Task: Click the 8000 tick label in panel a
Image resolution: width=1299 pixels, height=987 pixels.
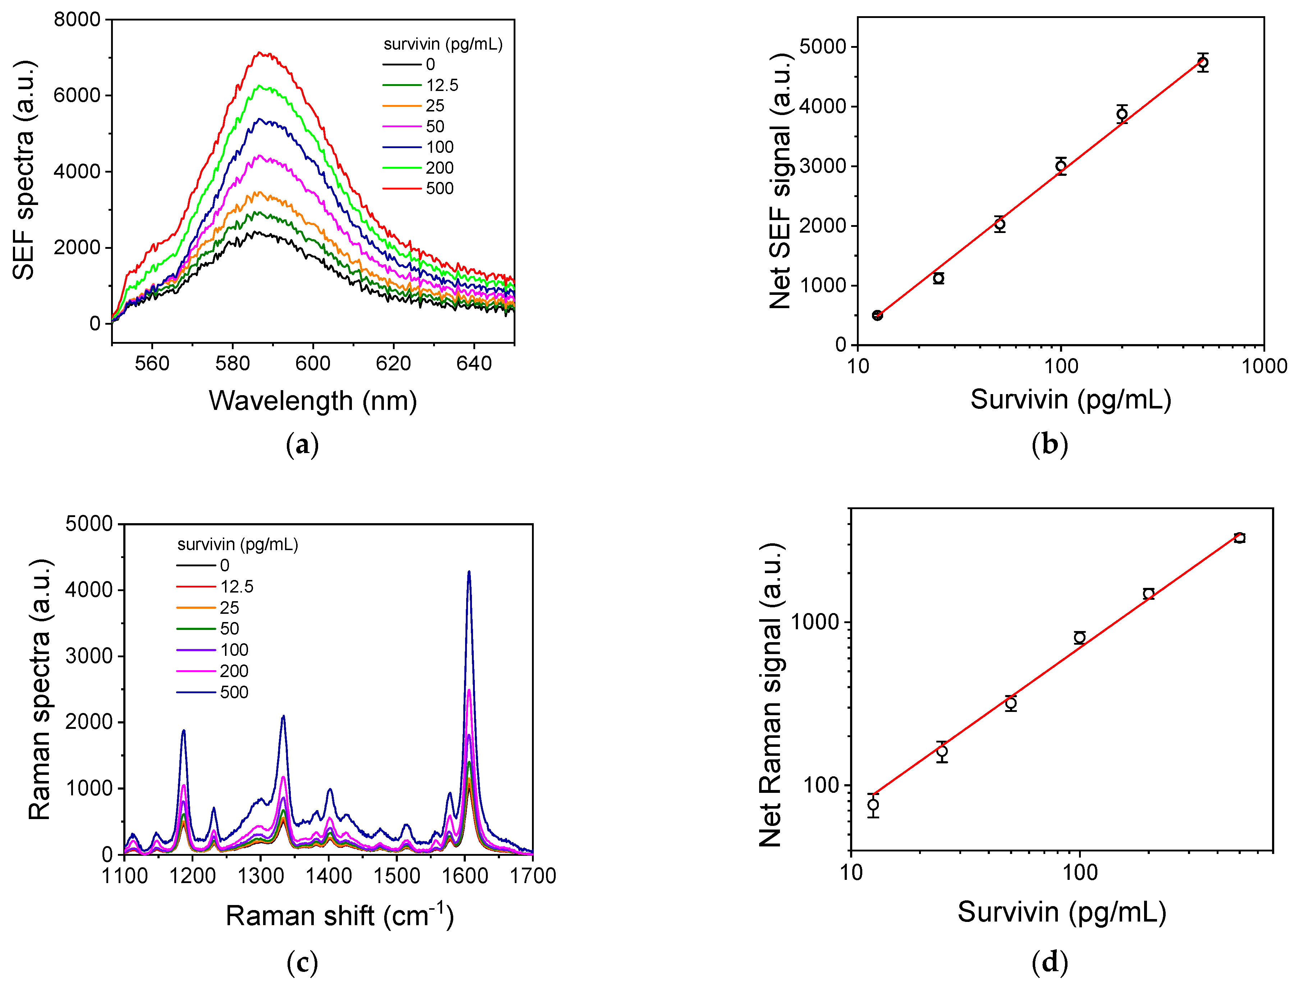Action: tap(77, 19)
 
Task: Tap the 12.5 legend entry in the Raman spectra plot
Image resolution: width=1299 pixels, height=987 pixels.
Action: tap(236, 587)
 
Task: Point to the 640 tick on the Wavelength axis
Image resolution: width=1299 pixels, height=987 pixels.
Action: tap(473, 364)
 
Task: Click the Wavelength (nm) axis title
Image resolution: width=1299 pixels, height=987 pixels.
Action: tap(312, 401)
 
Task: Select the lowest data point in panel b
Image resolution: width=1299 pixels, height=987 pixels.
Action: tap(877, 315)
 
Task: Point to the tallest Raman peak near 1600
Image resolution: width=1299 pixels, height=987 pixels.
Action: tap(469, 572)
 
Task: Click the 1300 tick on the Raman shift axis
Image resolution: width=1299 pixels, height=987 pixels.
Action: tap(260, 876)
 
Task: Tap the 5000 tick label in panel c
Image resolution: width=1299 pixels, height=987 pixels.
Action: tap(89, 524)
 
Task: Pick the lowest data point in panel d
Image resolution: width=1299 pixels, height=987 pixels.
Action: tap(873, 805)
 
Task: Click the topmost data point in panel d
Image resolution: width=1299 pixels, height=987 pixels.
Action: tap(1239, 538)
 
